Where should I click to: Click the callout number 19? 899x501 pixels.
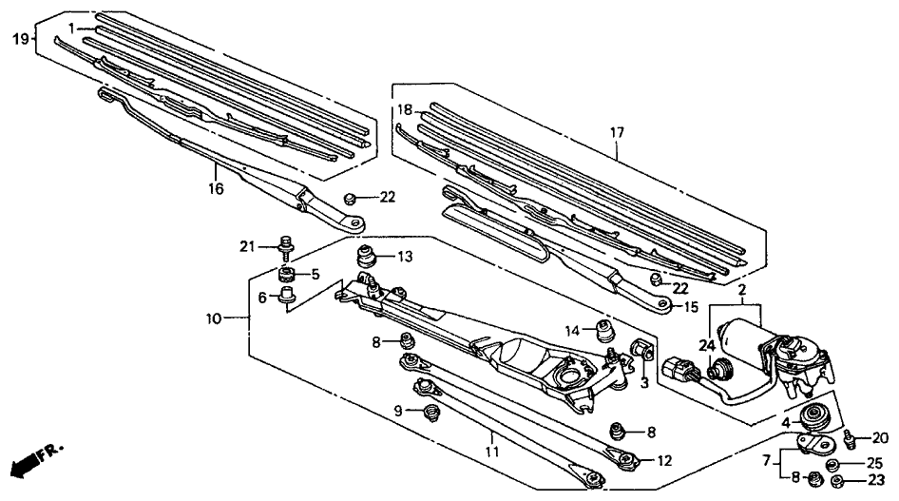click(20, 39)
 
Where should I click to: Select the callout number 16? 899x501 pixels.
click(217, 189)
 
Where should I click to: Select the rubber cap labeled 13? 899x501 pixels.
click(366, 257)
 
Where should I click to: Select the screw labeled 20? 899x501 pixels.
click(848, 438)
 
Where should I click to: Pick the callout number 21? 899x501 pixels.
click(247, 247)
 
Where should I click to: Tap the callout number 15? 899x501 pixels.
click(691, 306)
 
